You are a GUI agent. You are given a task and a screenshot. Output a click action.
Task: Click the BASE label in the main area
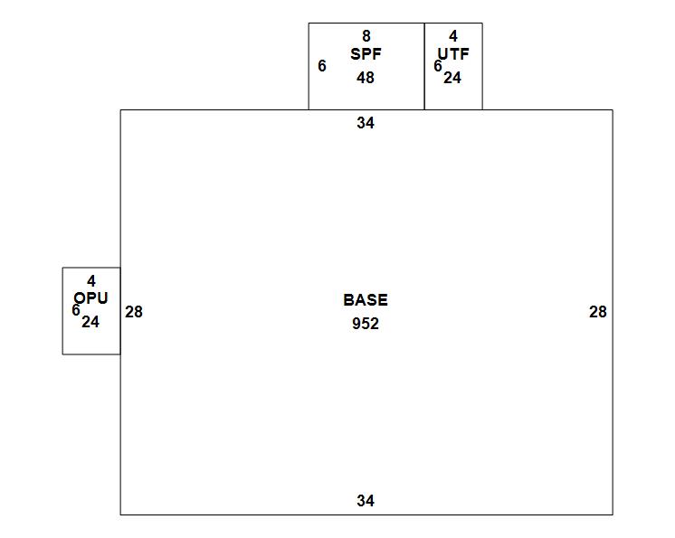(366, 300)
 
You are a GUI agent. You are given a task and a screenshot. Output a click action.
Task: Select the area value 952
(366, 324)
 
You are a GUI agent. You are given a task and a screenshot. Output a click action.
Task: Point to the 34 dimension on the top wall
(366, 123)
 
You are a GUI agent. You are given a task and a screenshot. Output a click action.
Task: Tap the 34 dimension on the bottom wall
(366, 501)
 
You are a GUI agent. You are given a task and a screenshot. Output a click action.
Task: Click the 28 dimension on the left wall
(134, 312)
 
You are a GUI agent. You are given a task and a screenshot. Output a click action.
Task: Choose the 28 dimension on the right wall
(598, 312)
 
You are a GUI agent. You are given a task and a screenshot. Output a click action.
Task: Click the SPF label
(366, 54)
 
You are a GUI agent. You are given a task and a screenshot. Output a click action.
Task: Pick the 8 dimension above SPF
(366, 36)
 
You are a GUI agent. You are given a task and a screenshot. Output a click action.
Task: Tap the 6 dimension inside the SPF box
(322, 66)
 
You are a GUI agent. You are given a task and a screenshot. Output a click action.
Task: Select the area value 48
(366, 78)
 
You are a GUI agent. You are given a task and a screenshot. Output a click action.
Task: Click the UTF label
(455, 54)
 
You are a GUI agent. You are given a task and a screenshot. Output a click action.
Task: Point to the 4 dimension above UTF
(453, 36)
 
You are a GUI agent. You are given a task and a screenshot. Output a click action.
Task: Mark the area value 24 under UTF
(452, 78)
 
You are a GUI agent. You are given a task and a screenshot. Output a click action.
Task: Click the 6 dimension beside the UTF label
(438, 66)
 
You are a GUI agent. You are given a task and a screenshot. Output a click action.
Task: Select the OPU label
(91, 298)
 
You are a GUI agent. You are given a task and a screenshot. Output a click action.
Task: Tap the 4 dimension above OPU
(91, 281)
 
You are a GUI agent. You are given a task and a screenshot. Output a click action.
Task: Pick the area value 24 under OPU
(90, 321)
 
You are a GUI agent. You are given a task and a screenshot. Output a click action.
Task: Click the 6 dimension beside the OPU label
(76, 310)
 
